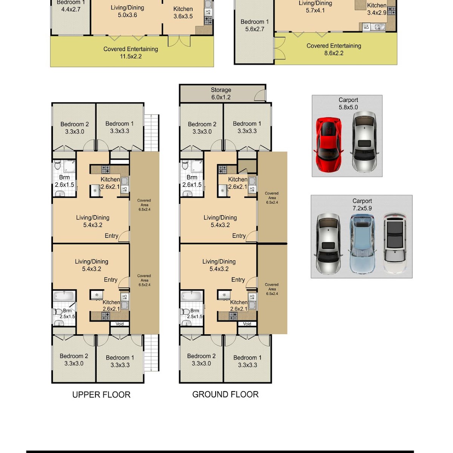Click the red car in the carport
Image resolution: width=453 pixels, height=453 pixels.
coord(328,145)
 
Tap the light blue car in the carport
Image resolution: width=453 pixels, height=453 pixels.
coord(362,244)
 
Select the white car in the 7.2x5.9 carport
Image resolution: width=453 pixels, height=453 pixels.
coord(395,243)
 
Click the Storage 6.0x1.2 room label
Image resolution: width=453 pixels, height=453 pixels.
coord(221,94)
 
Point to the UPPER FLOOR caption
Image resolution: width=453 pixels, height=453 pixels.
coord(101,395)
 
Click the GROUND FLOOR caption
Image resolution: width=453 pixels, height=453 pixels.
coord(225,394)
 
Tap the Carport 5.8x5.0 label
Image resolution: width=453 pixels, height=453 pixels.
coord(348,104)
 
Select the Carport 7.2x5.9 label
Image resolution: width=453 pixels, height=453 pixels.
coord(362,205)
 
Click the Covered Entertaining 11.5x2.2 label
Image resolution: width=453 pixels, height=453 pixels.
coord(131,52)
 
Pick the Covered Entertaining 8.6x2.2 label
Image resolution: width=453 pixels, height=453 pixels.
coord(334,49)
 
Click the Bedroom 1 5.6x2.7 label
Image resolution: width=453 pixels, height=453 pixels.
coord(254,25)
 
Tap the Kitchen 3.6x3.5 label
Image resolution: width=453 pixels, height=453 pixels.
coord(183,13)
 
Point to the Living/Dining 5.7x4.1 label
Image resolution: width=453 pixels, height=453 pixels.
coord(315,7)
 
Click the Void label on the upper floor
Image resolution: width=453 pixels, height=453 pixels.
coord(119,324)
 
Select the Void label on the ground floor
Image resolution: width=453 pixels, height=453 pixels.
coord(247,324)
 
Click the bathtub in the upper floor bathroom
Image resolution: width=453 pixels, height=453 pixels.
coord(64,296)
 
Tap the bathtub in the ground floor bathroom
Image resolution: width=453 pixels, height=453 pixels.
coord(191,296)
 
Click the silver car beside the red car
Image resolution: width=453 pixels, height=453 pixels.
coord(364,142)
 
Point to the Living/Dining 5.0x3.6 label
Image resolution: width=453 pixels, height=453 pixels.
coord(127,11)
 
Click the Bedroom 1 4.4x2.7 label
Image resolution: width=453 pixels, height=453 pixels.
coord(71,6)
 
